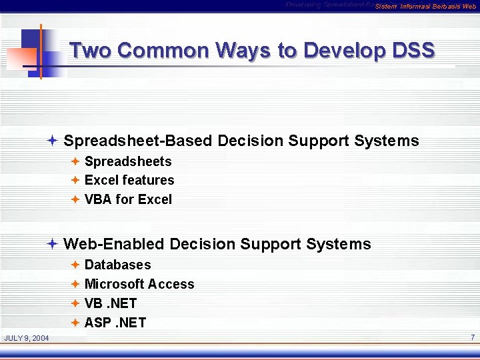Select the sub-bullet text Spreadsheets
128,161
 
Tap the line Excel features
129,180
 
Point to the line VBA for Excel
128,199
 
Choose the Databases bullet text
118,265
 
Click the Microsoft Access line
139,284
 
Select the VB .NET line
111,303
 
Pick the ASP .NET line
115,323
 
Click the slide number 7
472,337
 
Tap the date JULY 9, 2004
27,338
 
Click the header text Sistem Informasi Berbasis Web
425,7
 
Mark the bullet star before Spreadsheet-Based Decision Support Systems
53,141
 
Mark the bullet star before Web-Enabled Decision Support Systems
53,244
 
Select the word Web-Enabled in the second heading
114,244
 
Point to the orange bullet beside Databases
75,265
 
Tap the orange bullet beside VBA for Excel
75,199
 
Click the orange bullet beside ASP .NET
75,323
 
